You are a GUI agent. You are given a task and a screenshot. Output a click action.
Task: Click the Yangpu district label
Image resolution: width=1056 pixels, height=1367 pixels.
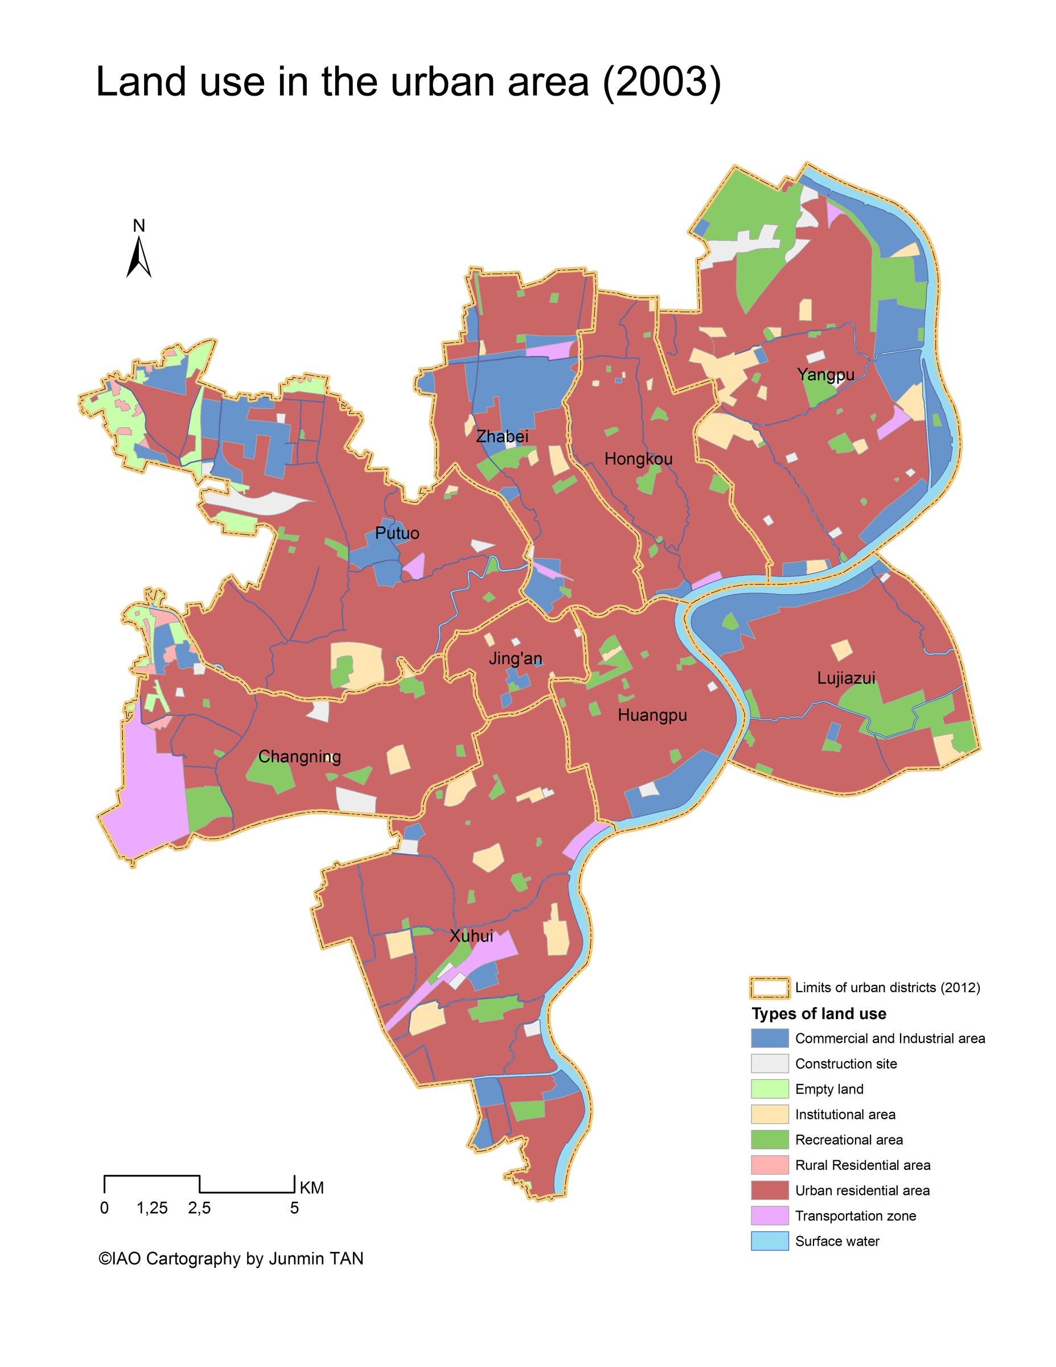tap(825, 375)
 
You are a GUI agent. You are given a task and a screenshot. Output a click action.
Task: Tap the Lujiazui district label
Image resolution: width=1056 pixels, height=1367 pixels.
tap(846, 678)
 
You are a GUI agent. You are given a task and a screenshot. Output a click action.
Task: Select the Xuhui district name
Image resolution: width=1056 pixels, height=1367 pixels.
tap(472, 936)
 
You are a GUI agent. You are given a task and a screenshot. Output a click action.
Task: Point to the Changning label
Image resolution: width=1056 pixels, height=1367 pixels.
tap(299, 757)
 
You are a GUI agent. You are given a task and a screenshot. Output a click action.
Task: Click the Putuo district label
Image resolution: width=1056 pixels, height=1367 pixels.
tap(397, 533)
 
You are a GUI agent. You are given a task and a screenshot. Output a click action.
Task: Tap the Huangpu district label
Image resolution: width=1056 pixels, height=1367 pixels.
tap(652, 715)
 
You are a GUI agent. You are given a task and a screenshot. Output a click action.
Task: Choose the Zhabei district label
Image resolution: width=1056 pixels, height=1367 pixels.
tap(502, 436)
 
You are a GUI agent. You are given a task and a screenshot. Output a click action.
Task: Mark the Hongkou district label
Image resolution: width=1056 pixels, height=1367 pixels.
tap(638, 459)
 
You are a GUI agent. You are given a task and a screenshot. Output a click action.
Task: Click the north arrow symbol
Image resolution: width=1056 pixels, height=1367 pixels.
tap(139, 257)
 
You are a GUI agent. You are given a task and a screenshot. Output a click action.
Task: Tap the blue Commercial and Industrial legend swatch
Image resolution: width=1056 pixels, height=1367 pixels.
tap(769, 1038)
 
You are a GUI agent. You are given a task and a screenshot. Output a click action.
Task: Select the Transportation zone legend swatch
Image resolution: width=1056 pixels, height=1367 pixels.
tap(769, 1215)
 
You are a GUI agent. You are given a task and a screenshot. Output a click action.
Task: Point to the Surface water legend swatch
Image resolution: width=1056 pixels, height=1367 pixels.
tap(769, 1241)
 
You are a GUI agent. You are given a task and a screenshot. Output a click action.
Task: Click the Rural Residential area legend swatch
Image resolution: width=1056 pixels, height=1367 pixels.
tap(769, 1165)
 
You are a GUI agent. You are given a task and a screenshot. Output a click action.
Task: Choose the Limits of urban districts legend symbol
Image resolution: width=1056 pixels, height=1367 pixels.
tap(769, 988)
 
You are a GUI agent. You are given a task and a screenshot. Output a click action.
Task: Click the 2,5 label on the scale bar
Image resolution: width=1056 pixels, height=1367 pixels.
tap(199, 1208)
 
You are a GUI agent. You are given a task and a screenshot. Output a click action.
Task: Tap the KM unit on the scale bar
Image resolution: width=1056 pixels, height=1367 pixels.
tap(311, 1188)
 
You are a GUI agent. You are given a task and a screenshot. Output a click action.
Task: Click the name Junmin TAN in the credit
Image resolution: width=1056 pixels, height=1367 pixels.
tap(316, 1259)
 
